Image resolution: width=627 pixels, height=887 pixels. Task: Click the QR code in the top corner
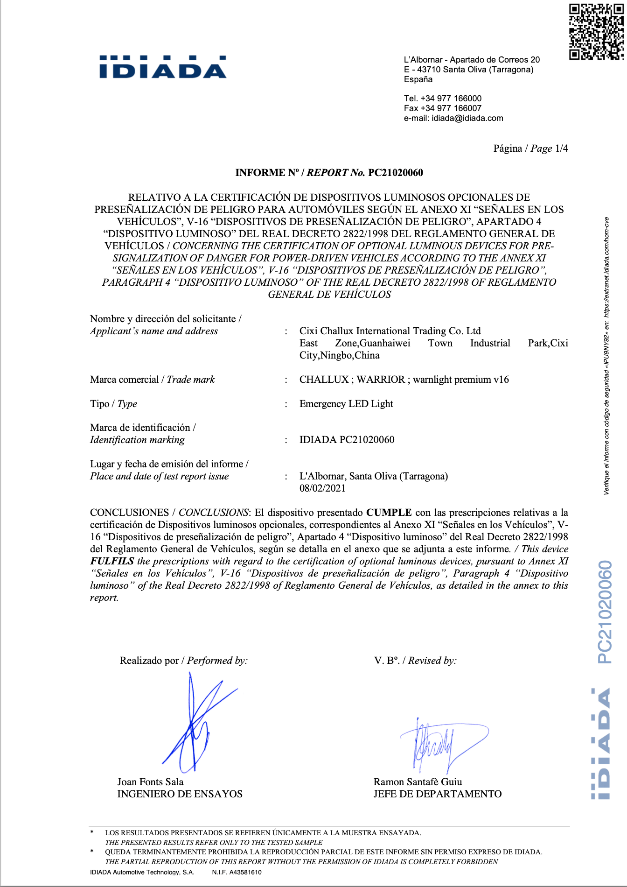pos(596,32)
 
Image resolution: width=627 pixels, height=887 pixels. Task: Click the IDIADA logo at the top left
pos(163,67)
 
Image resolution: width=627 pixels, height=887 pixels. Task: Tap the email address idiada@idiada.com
pos(467,118)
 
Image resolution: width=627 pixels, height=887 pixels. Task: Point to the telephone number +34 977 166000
pos(451,99)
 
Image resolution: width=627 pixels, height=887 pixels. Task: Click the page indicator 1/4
pos(561,148)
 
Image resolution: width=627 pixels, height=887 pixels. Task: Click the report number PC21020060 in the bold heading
pos(396,173)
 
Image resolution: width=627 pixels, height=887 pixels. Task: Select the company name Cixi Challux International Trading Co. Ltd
pos(390,331)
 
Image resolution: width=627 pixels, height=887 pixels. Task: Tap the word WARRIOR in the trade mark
pos(381,380)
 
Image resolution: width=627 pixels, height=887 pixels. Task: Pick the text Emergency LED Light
pos(346,404)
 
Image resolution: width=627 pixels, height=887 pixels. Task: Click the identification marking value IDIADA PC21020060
pos(347,440)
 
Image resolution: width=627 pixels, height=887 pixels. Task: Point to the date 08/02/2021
pos(322,488)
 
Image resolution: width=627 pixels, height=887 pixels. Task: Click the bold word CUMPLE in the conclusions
pos(389,513)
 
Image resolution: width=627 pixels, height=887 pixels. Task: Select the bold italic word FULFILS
pos(112,561)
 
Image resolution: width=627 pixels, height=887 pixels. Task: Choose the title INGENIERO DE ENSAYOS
pos(180,794)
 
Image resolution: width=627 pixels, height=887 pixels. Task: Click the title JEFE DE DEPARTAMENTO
pos(437,794)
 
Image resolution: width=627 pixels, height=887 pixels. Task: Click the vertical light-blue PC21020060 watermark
pos(605,612)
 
